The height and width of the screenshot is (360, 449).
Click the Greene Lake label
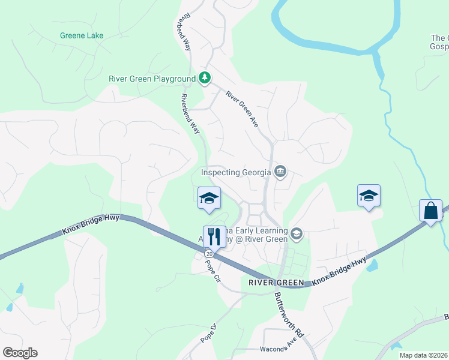pos(82,35)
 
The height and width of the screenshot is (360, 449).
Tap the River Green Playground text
pos(152,79)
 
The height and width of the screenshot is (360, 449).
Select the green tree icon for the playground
pos(205,78)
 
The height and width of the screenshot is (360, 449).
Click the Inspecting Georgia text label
pos(236,172)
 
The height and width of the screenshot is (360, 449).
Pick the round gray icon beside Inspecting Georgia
pos(280,173)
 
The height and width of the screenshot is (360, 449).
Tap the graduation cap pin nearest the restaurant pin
pos(209,198)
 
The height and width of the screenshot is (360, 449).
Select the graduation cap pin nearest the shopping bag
pos(369,196)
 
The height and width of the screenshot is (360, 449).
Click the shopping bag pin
pos(430,211)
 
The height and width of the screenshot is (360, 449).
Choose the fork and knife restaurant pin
pos(214,236)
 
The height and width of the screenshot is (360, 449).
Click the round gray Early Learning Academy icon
pos(295,233)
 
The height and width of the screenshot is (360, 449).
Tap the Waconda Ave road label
pos(279,349)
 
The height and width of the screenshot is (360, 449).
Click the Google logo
pos(20,353)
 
